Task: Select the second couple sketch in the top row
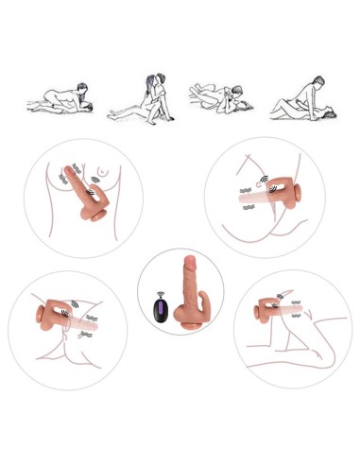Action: (141, 99)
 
